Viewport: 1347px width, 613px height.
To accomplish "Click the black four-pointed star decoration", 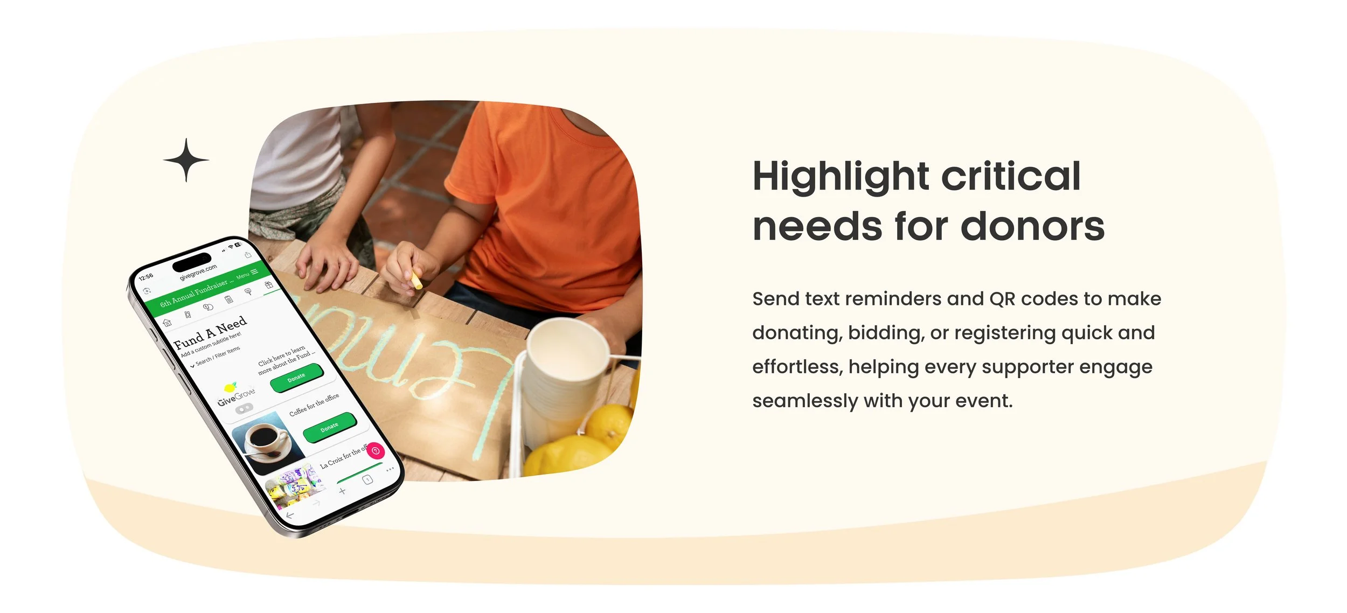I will [186, 160].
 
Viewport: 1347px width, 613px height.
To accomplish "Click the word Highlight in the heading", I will [841, 177].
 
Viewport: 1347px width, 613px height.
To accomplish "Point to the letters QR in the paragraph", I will [1003, 299].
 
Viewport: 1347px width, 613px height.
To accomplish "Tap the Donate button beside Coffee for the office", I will [330, 427].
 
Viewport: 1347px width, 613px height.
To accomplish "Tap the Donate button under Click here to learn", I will [296, 378].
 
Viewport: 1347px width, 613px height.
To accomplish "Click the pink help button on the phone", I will [376, 450].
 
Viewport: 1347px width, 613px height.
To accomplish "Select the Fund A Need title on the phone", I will [210, 332].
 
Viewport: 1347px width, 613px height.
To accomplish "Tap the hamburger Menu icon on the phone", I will [254, 272].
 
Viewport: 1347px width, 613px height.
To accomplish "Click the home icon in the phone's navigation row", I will [168, 323].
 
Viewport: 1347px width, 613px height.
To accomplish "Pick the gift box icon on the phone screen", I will [268, 284].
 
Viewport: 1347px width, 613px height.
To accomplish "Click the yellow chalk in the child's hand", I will [416, 280].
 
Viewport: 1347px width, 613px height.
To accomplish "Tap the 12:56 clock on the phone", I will [146, 277].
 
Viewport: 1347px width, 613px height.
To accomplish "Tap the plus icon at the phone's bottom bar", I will [342, 491].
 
